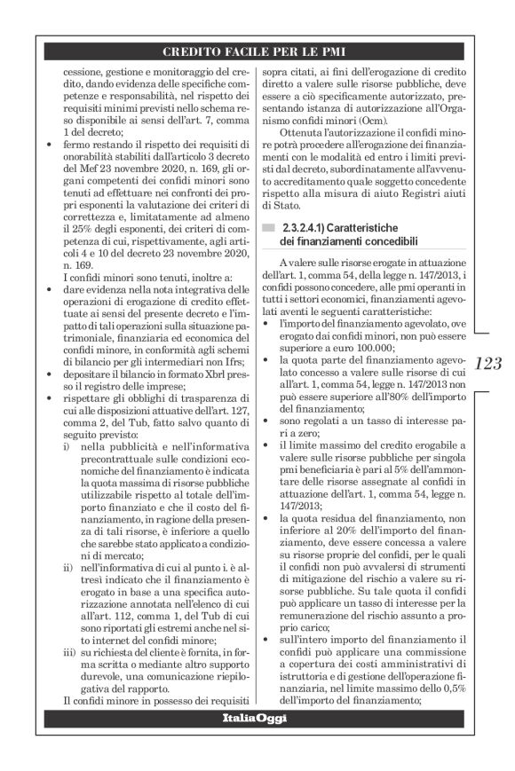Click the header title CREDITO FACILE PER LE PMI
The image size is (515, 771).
click(257, 50)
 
